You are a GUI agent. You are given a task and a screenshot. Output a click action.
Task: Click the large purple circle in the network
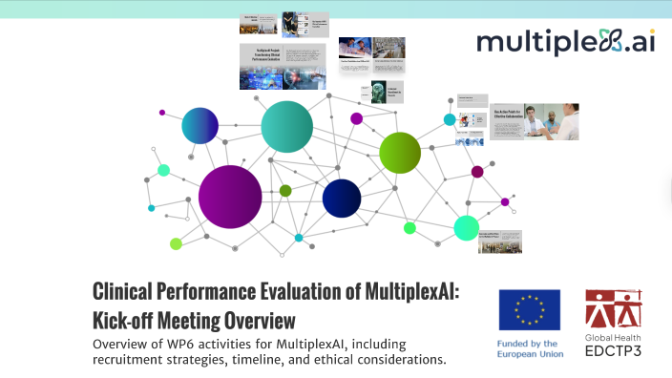coord(230,197)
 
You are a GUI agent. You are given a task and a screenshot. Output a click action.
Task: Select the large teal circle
coord(286,126)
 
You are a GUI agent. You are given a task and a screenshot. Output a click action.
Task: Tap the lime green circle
coord(400,152)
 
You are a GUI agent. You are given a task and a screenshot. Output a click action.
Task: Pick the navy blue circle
coord(342,198)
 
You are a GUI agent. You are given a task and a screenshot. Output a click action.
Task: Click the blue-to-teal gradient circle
coord(200,125)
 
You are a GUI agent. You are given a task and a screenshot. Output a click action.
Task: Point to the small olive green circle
coord(285,191)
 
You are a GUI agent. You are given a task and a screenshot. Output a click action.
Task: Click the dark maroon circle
coord(477,172)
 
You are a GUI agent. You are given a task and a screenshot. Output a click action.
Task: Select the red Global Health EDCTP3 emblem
coord(614,309)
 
